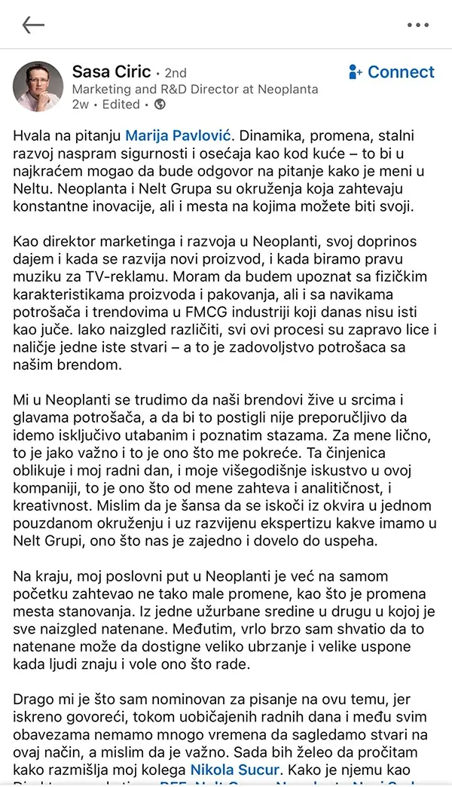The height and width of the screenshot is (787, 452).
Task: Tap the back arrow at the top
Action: (33, 25)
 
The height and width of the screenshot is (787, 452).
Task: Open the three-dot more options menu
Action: (417, 25)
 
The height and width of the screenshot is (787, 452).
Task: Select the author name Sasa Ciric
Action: (111, 72)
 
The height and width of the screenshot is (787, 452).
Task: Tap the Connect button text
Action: (401, 72)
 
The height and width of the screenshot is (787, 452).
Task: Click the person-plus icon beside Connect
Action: (356, 72)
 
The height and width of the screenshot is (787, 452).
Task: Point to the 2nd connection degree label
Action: (175, 74)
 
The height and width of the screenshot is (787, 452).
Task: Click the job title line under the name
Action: (194, 89)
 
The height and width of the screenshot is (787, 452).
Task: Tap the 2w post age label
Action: (80, 105)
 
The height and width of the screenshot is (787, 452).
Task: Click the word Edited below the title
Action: (121, 105)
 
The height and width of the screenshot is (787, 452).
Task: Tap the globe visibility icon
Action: (160, 105)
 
